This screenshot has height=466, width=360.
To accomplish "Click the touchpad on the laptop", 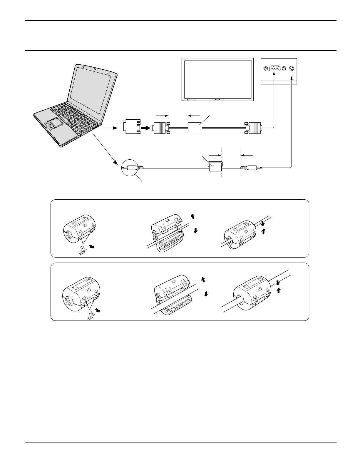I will tap(53, 123).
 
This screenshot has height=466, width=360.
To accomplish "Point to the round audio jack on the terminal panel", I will tap(292, 68).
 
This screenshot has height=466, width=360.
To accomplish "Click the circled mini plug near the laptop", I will tap(129, 167).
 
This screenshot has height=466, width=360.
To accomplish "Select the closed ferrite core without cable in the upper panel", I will tap(82, 229).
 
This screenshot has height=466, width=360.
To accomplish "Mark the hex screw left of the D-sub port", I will tap(265, 68).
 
